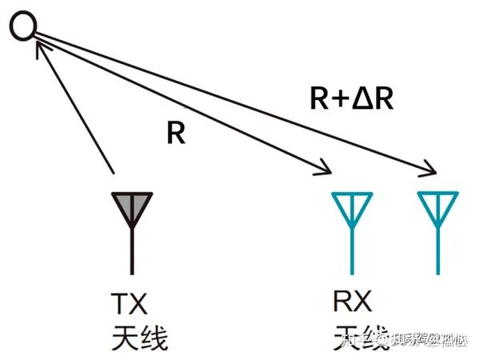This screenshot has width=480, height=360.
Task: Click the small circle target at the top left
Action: click(x=22, y=27)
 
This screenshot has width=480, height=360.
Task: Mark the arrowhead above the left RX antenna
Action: click(x=323, y=167)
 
